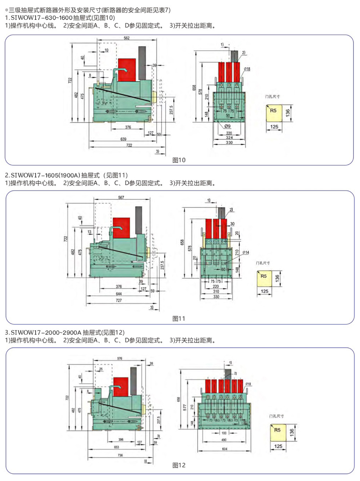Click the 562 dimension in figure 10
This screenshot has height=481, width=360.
(127, 38)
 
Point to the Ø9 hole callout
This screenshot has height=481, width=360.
(228, 126)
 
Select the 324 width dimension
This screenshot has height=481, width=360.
(229, 138)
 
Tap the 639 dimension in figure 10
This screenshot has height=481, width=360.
(123, 139)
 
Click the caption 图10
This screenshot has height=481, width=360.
(179, 160)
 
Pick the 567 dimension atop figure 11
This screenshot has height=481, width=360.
(121, 197)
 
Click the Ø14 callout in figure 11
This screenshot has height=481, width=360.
(246, 252)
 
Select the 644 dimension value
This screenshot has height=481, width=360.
(119, 294)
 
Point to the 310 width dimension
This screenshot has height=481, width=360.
(216, 292)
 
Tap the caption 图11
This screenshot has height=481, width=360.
(179, 319)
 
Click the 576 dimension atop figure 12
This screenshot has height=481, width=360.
(120, 358)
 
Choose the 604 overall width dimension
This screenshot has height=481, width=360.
(225, 449)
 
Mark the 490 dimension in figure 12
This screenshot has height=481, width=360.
(224, 440)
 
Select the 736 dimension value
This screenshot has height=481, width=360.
(120, 455)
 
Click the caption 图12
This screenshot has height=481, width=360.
(179, 466)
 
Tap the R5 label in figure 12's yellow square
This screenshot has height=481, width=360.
(277, 430)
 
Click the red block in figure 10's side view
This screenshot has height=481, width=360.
(127, 70)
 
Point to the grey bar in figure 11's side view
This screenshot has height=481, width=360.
(138, 220)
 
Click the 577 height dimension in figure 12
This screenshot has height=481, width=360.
(185, 407)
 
